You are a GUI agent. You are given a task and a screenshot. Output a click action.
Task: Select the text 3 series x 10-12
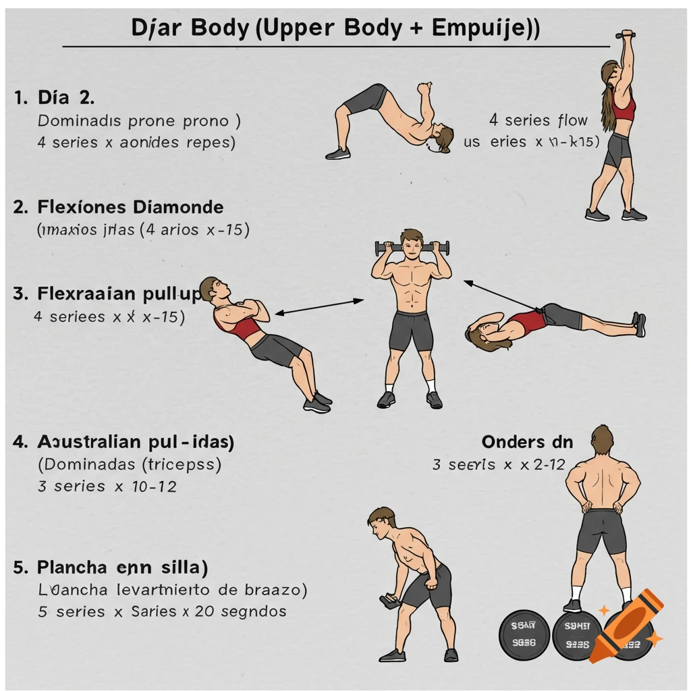(107, 486)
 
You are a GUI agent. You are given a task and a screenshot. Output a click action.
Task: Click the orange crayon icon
(625, 625)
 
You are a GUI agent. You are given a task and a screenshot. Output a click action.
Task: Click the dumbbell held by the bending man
(390, 600)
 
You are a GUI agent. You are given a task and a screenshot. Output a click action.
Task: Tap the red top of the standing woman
(624, 108)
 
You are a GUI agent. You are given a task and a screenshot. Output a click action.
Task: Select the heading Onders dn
(527, 442)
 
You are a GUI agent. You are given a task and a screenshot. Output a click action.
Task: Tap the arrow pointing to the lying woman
(503, 295)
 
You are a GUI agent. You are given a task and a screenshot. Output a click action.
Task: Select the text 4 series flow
(538, 121)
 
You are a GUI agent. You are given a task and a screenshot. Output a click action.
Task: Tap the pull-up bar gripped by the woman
(625, 34)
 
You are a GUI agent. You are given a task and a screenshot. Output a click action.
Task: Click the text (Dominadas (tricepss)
(130, 464)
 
